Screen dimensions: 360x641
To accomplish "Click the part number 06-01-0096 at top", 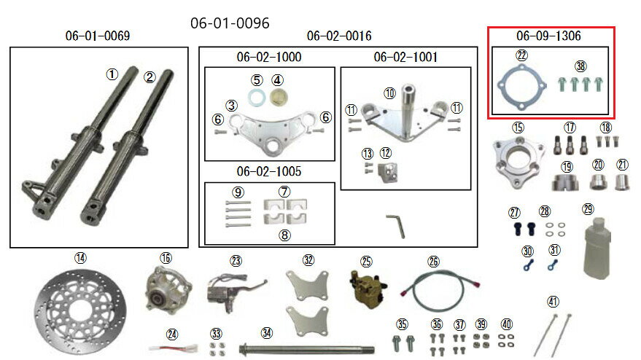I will [x=230, y=23].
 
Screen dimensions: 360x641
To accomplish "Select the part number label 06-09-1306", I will [x=548, y=36].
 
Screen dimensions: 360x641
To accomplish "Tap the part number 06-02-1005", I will [x=268, y=172].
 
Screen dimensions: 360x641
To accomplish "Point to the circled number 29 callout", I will [x=588, y=209].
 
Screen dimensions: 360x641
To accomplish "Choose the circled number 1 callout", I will [x=112, y=74].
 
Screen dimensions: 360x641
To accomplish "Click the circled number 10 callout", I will [x=390, y=93].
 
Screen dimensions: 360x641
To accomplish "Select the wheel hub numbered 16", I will [x=166, y=286].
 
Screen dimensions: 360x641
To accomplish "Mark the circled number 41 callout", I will [x=553, y=301].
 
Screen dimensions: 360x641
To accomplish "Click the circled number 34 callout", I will [x=267, y=333].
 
